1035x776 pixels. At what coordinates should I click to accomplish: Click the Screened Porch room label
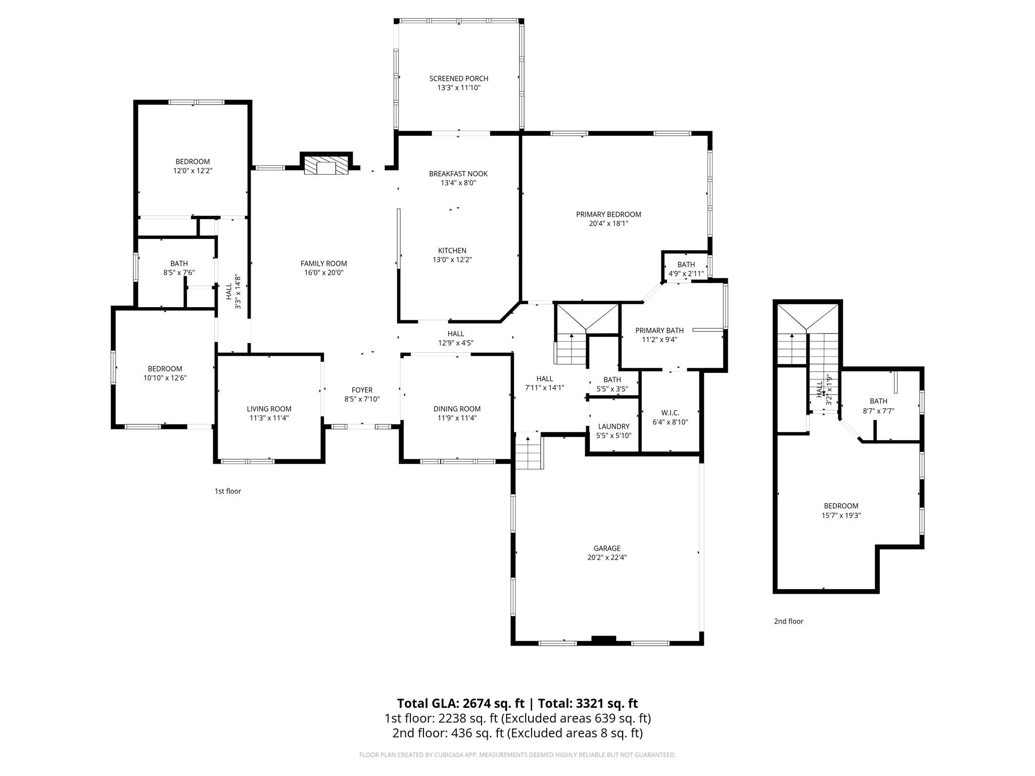tap(458, 78)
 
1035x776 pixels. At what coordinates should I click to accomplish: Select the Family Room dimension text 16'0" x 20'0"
tap(323, 273)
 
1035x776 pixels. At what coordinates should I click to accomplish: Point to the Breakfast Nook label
tap(458, 174)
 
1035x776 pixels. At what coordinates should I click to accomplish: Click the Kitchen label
tap(452, 251)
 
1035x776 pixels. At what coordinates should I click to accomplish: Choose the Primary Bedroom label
tap(608, 214)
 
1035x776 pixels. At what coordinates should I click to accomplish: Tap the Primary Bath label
tap(659, 330)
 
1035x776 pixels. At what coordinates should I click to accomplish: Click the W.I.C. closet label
tap(670, 413)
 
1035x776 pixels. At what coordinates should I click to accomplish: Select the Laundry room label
tap(614, 426)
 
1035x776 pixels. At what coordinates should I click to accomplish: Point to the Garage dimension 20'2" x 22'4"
tap(606, 557)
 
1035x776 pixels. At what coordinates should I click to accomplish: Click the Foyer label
tap(362, 390)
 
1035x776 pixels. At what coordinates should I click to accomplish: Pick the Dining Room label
tap(457, 409)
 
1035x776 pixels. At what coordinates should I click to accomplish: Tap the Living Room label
tap(269, 409)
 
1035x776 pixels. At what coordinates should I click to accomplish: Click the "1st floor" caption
tap(228, 491)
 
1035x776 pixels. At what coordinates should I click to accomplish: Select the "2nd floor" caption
tap(788, 621)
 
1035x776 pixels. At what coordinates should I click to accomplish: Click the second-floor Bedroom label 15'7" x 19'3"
tap(841, 506)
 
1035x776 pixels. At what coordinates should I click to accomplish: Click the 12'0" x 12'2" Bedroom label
tap(193, 162)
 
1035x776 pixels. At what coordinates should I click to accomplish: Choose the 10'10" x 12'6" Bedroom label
tap(165, 369)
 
